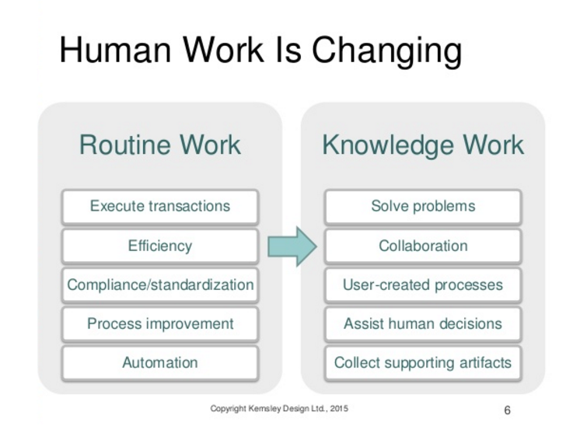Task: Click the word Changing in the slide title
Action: (386, 51)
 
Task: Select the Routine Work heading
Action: (160, 145)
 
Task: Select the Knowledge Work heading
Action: (423, 145)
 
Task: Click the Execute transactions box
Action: (160, 207)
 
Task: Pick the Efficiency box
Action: (160, 246)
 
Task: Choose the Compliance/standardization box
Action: (160, 285)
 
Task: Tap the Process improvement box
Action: (160, 324)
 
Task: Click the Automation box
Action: (160, 363)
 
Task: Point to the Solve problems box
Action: (423, 207)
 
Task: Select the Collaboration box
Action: (423, 246)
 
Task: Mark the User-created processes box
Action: (423, 285)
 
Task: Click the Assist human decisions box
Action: (423, 324)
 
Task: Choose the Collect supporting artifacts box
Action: (423, 363)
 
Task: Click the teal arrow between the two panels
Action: (292, 246)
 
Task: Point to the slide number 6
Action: (507, 410)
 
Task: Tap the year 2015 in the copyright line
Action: (339, 409)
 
